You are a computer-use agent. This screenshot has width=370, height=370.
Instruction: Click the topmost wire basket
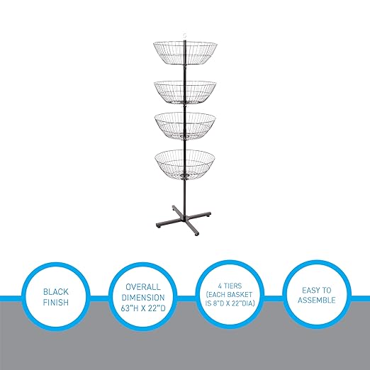pos(185,54)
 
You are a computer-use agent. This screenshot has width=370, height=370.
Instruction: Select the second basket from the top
pos(185,92)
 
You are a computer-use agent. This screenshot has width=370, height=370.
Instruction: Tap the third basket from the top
pos(185,127)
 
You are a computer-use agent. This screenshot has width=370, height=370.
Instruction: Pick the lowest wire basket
pos(185,164)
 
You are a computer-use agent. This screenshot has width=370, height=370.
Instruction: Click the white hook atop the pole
pos(185,36)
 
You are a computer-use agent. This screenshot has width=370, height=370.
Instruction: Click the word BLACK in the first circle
pos(56,292)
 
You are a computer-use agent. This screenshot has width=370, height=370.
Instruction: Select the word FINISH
pos(56,303)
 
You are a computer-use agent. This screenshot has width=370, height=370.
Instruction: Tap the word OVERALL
pos(143,287)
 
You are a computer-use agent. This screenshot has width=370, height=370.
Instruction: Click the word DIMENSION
pos(143,298)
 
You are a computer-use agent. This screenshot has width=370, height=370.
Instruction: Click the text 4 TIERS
pos(230,286)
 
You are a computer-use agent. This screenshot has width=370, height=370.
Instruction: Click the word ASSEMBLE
pos(317,300)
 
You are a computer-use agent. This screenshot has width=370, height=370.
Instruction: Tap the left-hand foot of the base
pos(159,225)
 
